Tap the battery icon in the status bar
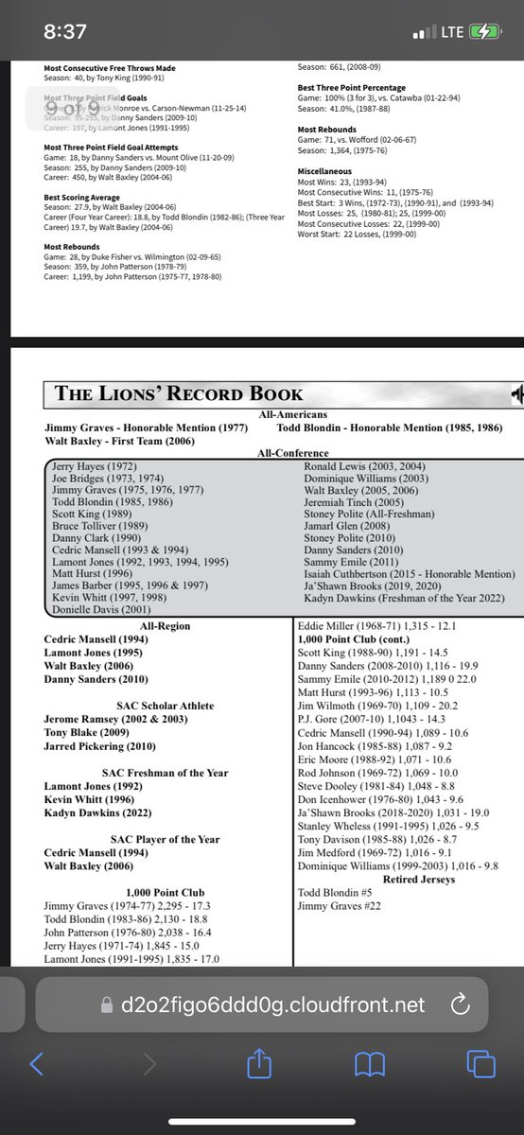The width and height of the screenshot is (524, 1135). tap(488, 31)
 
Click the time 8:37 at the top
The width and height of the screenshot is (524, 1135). tap(66, 31)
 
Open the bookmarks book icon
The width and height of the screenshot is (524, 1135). tap(369, 1065)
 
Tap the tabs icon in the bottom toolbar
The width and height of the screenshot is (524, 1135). tap(481, 1065)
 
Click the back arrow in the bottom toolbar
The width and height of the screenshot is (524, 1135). tap(36, 1065)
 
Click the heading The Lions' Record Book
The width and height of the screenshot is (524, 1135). tap(180, 393)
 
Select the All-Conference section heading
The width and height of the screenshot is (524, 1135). tap(285, 453)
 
